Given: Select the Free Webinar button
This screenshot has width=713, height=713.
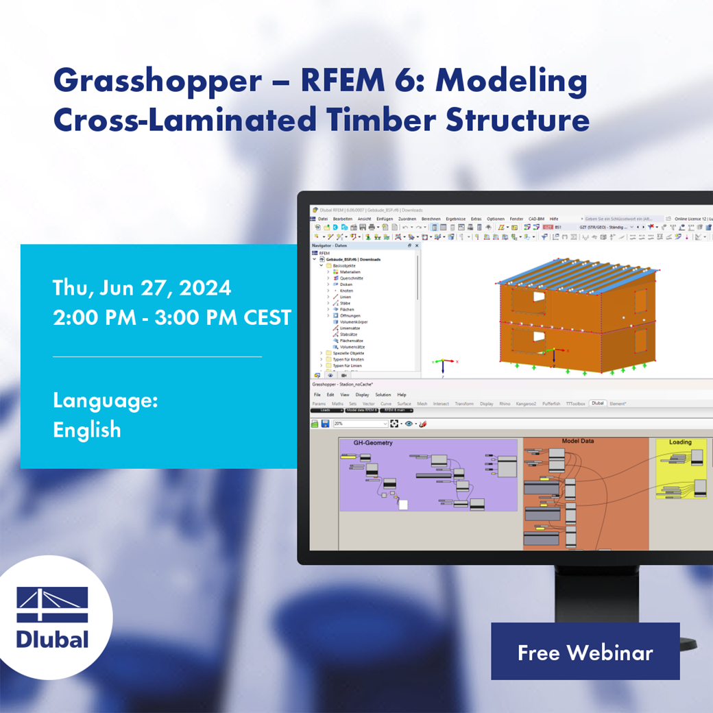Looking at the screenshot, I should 585,652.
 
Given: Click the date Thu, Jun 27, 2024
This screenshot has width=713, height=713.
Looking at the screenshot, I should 142,288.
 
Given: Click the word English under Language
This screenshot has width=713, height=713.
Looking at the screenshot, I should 87,430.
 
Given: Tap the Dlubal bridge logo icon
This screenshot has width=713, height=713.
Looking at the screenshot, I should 53,605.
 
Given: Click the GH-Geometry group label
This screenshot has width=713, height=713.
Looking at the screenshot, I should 373,443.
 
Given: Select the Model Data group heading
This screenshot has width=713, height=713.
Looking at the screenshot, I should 577,442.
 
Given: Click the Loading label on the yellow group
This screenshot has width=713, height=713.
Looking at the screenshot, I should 680,442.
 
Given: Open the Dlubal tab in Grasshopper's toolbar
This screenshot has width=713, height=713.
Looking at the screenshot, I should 597,404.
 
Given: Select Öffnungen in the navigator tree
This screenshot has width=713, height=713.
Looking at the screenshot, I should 350,315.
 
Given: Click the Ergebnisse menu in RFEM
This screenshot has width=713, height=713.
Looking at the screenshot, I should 455,219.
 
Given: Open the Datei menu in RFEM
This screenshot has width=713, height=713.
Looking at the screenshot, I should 322,219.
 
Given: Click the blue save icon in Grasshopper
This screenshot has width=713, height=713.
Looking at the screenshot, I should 325,424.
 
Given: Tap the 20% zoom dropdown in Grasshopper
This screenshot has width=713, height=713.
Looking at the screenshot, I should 360,424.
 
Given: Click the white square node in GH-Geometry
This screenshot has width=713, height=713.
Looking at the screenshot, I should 403,505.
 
